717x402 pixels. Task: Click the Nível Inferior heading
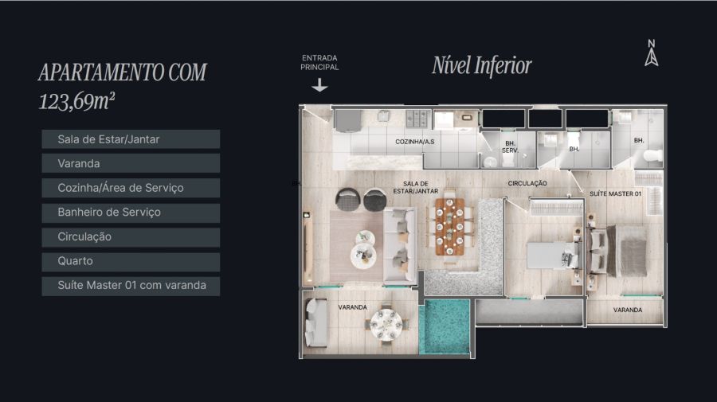pyautogui.click(x=481, y=65)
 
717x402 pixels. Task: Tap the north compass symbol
pyautogui.click(x=652, y=53)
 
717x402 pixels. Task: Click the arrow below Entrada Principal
pyautogui.click(x=319, y=84)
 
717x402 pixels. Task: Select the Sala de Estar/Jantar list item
pyautogui.click(x=131, y=139)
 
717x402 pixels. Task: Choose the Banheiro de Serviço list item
pyautogui.click(x=131, y=213)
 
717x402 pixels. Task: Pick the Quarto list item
pyautogui.click(x=131, y=261)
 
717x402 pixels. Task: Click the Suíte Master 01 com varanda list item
pyautogui.click(x=131, y=286)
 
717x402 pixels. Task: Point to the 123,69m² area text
pyautogui.click(x=76, y=101)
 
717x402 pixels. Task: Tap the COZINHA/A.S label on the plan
pyautogui.click(x=415, y=142)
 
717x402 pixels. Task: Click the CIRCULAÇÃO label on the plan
pyautogui.click(x=527, y=183)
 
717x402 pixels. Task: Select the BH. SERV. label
pyautogui.click(x=510, y=146)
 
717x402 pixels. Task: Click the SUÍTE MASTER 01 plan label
pyautogui.click(x=616, y=193)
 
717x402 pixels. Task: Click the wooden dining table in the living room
pyautogui.click(x=450, y=227)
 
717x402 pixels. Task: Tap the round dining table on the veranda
pyautogui.click(x=387, y=323)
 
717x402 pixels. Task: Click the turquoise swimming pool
pyautogui.click(x=445, y=326)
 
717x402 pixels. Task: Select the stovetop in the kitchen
pyautogui.click(x=418, y=119)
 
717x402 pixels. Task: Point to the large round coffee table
pyautogui.click(x=363, y=256)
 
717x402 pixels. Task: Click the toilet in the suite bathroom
pyautogui.click(x=652, y=157)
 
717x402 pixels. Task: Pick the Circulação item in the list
pyautogui.click(x=131, y=237)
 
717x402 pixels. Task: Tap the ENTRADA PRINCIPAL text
pyautogui.click(x=319, y=63)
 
